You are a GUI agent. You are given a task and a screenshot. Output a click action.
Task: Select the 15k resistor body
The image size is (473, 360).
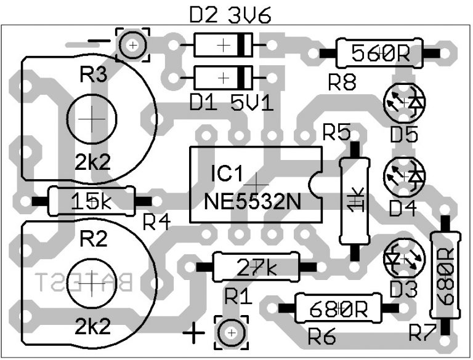point(91,201)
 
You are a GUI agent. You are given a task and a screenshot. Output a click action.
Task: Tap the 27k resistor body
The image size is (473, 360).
point(256,266)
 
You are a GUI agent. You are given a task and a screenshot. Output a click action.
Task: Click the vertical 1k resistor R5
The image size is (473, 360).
point(354,201)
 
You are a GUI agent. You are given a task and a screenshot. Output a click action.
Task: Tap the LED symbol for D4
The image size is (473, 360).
point(405,176)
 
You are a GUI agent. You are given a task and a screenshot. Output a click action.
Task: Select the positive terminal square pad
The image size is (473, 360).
point(231,333)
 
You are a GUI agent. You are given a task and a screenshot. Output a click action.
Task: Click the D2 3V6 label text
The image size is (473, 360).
point(226,15)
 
